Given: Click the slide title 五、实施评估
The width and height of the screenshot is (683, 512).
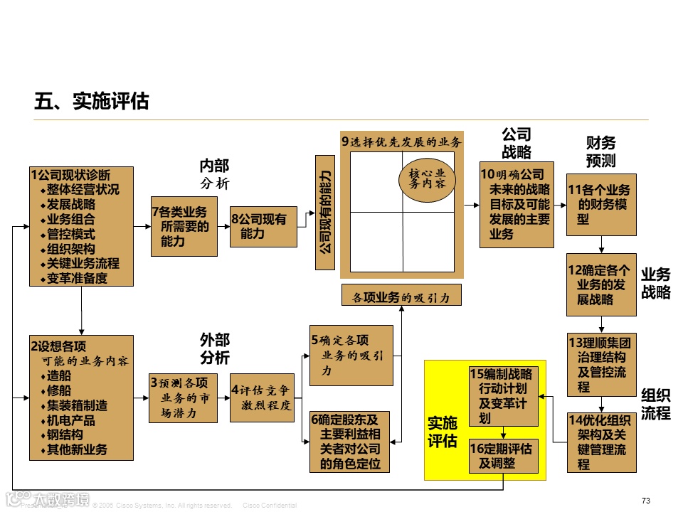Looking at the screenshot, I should click(92, 102).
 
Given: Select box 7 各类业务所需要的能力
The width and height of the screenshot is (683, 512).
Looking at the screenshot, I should click(184, 226).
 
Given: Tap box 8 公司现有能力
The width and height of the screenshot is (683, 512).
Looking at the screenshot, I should click(263, 226).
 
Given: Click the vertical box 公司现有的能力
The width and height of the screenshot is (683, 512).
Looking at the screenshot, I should click(324, 213).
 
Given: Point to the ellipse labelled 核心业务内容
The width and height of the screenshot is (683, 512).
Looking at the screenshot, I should click(427, 178).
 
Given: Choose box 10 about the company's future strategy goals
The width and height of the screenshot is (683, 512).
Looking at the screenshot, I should click(517, 204).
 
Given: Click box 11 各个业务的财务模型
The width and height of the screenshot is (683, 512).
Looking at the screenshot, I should click(601, 205).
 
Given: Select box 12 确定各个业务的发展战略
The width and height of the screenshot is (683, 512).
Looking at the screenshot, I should click(601, 284).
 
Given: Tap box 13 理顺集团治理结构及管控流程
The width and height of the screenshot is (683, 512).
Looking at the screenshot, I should click(601, 364).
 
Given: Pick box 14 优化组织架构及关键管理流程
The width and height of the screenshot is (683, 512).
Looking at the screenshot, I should click(601, 442).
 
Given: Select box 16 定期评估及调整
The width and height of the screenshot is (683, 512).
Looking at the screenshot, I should click(504, 456).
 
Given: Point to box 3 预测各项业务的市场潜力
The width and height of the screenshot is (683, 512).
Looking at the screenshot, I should click(184, 398).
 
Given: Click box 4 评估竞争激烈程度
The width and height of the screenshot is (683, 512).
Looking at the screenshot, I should click(262, 398).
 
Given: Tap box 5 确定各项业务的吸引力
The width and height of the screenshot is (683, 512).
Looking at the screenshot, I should click(351, 356).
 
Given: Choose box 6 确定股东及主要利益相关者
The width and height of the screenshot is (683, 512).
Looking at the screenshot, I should click(351, 442).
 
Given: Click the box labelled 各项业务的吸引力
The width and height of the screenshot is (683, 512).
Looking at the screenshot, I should click(401, 295).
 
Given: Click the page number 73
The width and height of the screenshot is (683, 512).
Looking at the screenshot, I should click(645, 501).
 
